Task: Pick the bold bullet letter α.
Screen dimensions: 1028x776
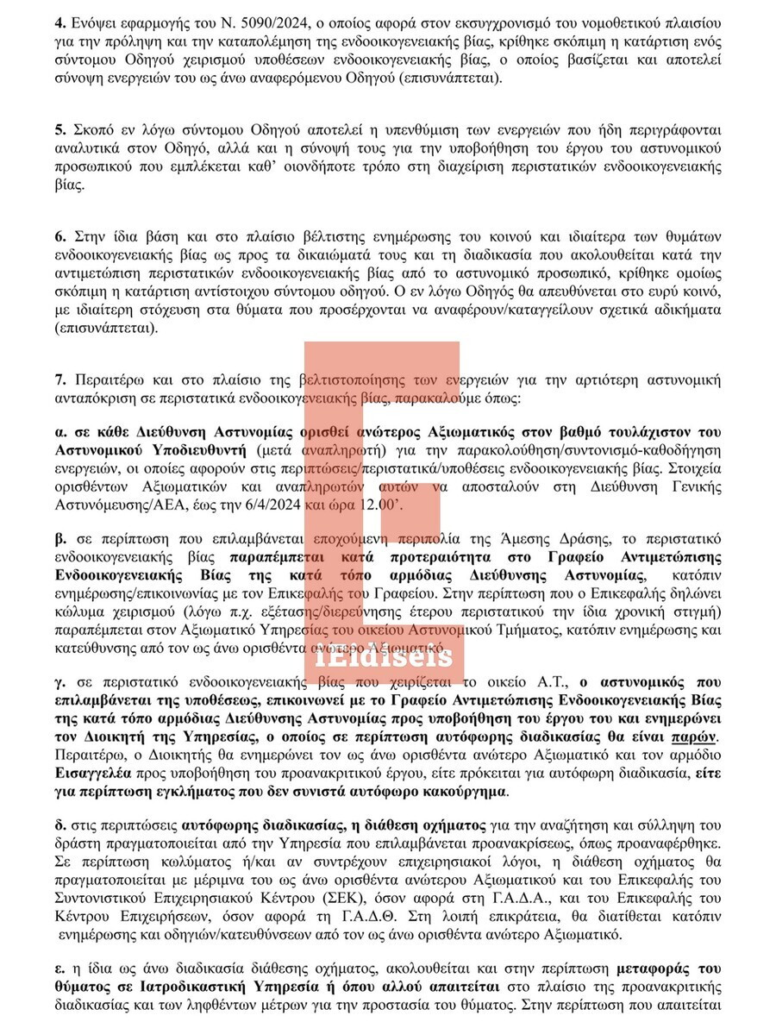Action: click(59, 430)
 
